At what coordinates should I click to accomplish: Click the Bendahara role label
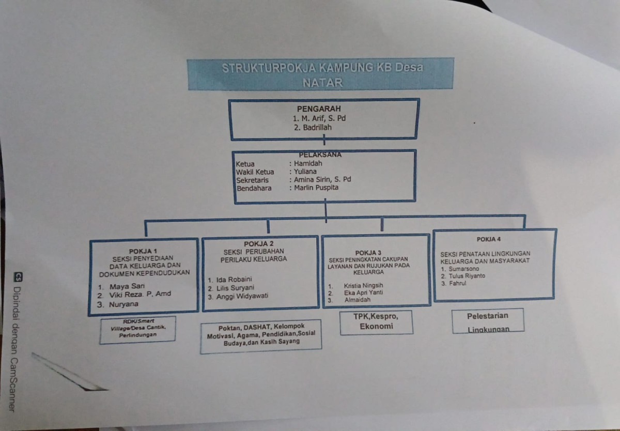click(x=254, y=188)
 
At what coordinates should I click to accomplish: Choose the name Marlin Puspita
click(x=316, y=188)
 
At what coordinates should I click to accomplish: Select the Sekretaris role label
click(x=253, y=180)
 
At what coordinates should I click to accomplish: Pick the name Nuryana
click(x=124, y=304)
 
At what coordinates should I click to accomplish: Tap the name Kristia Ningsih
click(x=364, y=285)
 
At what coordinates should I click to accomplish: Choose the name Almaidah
click(x=357, y=299)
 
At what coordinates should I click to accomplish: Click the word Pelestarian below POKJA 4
click(x=488, y=316)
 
